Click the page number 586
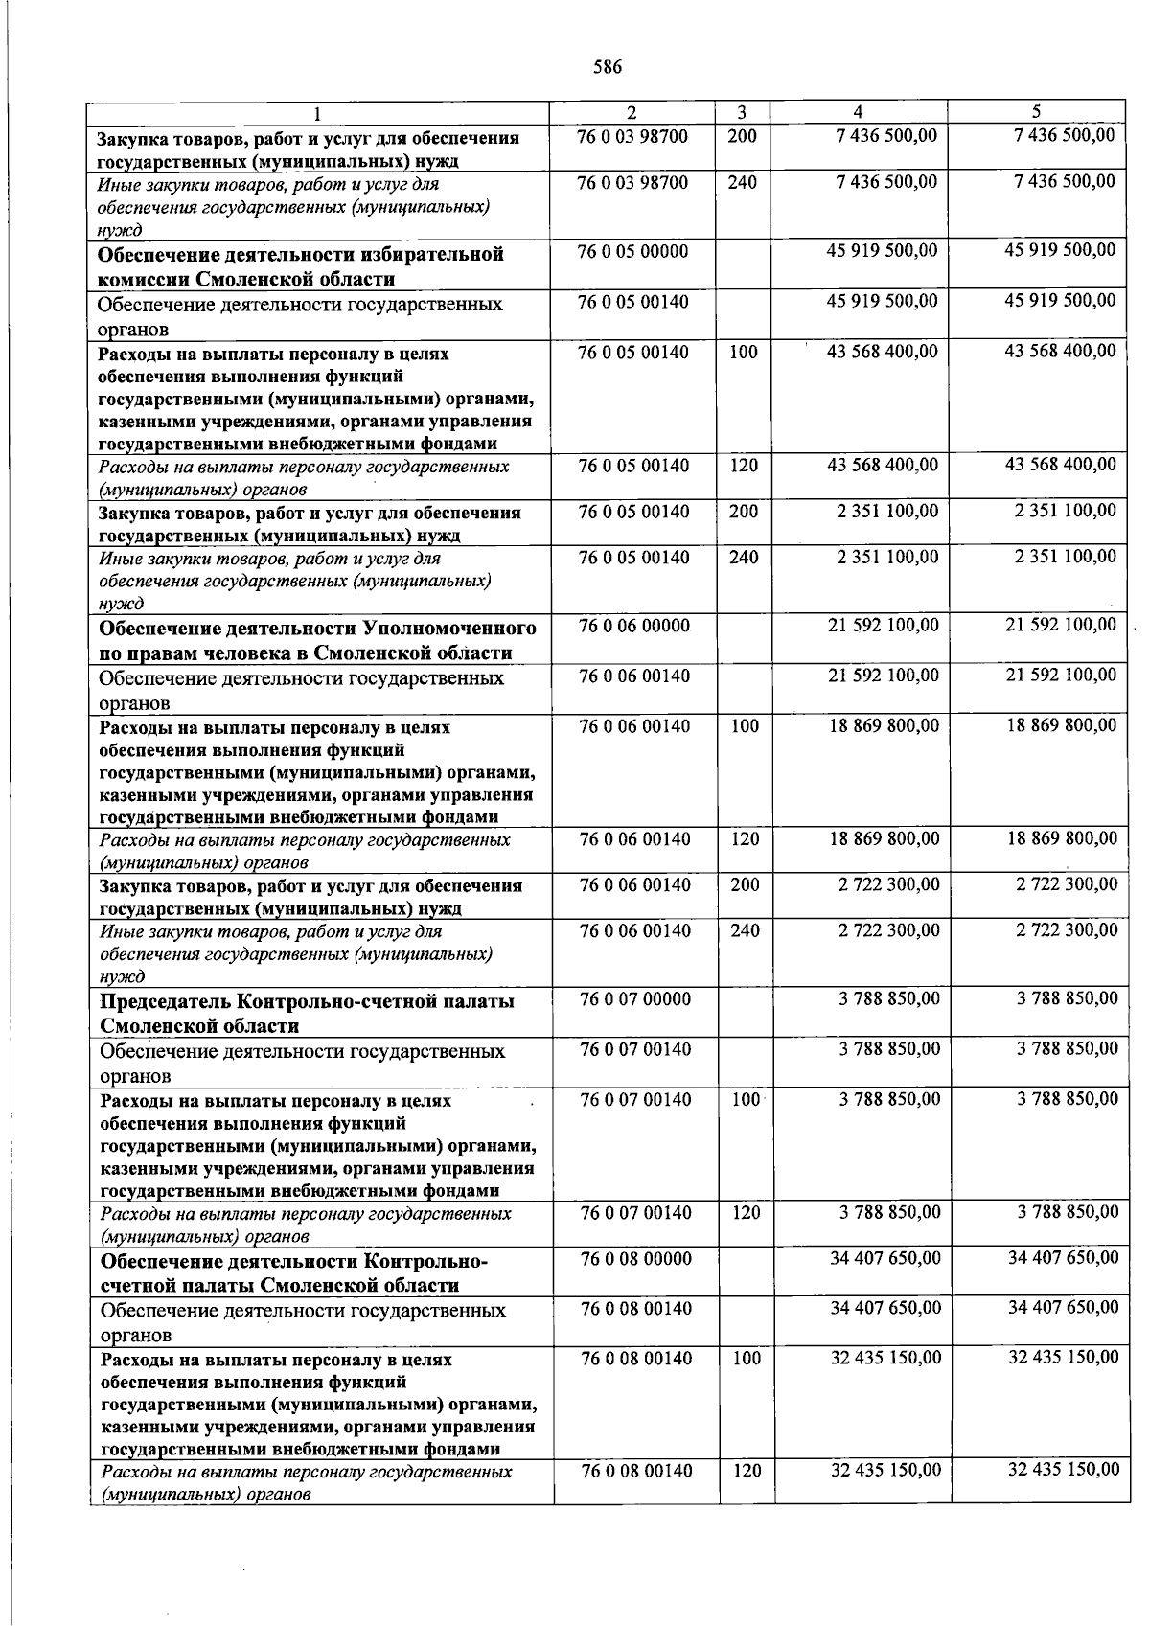pos(608,67)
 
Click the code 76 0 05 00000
pos(632,252)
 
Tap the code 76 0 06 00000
pos(633,626)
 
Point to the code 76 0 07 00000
pos(635,999)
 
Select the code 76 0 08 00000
pos(635,1258)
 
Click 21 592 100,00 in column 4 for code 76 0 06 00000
pos(883,626)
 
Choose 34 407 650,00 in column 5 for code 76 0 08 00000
pos(1063,1258)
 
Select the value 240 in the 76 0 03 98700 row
pos(742,182)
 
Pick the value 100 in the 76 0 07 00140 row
pos(745,1100)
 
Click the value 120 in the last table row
pos(747,1471)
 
